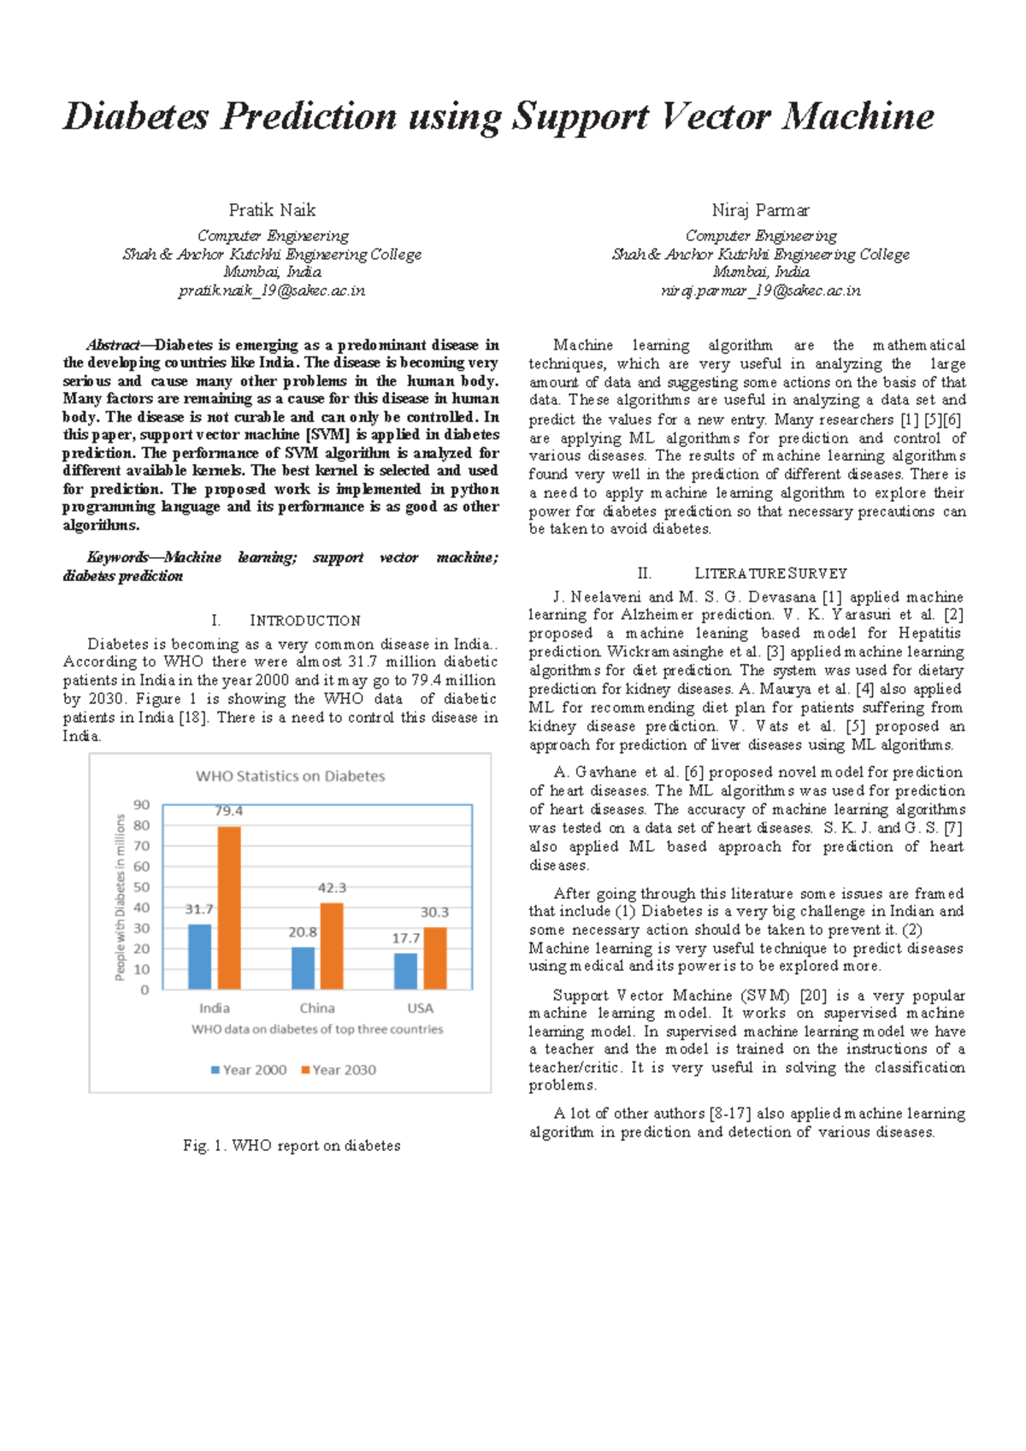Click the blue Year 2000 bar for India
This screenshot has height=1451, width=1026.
[x=199, y=956]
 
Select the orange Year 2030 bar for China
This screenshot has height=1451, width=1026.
[x=332, y=946]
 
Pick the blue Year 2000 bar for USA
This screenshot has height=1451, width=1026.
[x=406, y=972]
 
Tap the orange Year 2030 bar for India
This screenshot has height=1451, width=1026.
[x=229, y=908]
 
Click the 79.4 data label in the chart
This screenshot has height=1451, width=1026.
[x=228, y=811]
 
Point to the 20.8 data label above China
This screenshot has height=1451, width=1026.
[x=302, y=932]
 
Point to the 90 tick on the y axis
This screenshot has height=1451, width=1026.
[x=141, y=805]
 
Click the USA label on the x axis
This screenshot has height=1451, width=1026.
[x=420, y=1008]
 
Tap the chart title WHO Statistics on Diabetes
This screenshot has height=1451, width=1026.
[x=290, y=776]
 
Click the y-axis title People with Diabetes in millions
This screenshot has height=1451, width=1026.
[x=120, y=897]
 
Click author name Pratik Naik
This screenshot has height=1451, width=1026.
[x=272, y=210]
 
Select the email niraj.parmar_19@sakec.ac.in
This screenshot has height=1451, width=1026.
[x=760, y=291]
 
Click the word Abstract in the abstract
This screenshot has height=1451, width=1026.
[x=112, y=345]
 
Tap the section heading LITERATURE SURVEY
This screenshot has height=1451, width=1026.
[x=770, y=573]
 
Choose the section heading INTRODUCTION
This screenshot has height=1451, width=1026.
[x=304, y=620]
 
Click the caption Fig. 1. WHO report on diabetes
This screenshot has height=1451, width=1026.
[x=292, y=1145]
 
